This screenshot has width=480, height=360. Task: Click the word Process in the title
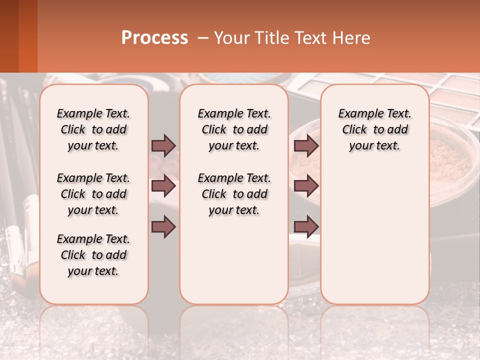[154, 38]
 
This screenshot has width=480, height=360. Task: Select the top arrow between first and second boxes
[163, 145]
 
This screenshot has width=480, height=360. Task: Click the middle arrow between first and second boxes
[163, 186]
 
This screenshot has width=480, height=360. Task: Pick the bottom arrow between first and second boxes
[163, 227]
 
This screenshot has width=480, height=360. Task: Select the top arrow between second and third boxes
[306, 145]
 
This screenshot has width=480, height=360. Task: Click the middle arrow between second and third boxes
[306, 186]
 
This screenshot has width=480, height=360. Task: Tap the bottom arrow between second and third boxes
[306, 227]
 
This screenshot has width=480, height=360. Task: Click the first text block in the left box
[93, 129]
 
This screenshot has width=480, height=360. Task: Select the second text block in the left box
[93, 194]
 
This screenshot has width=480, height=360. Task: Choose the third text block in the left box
[93, 255]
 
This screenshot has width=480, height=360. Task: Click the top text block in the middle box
[234, 129]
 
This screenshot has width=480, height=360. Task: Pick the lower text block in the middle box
[234, 194]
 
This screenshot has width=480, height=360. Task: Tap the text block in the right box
[374, 129]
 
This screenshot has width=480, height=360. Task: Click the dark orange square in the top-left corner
[27, 36]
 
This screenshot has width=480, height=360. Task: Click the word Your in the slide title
[231, 38]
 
